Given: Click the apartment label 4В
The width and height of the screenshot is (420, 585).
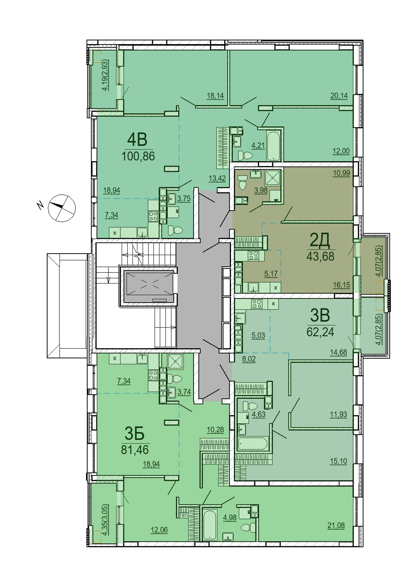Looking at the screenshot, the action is pyautogui.click(x=137, y=140).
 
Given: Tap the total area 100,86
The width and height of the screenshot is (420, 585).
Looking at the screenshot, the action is pyautogui.click(x=138, y=156).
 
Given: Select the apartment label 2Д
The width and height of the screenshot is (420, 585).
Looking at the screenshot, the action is pyautogui.click(x=320, y=241).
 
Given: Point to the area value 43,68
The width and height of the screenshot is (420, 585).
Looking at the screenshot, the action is pyautogui.click(x=320, y=257).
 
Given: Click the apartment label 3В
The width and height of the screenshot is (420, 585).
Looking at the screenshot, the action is pyautogui.click(x=320, y=315).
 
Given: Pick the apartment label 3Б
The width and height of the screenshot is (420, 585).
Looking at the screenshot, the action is pyautogui.click(x=135, y=434).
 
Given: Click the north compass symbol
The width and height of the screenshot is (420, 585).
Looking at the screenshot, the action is pyautogui.click(x=62, y=208).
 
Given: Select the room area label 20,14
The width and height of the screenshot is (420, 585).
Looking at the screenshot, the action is pyautogui.click(x=339, y=96).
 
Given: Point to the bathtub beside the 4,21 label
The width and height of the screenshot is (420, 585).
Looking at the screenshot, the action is pyautogui.click(x=274, y=146).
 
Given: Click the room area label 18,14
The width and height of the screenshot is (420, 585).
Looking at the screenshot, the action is pyautogui.click(x=215, y=96).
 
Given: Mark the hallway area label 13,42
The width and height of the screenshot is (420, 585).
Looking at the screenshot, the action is pyautogui.click(x=217, y=178).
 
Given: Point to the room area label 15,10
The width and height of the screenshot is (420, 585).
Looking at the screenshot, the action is pyautogui.click(x=338, y=461).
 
